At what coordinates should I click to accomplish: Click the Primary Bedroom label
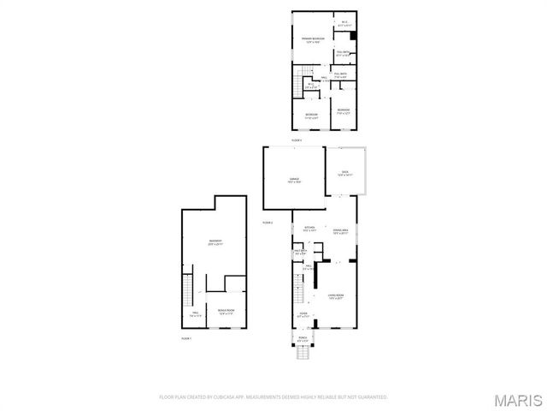click(311, 40)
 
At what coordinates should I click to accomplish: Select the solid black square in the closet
click(352, 36)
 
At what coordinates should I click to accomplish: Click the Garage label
click(293, 180)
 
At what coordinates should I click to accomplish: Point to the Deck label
click(344, 174)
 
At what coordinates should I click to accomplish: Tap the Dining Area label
click(340, 231)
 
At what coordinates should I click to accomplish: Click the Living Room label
click(334, 296)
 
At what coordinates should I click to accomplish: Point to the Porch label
click(303, 339)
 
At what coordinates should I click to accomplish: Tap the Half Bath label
click(301, 253)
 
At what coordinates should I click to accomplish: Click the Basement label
click(215, 242)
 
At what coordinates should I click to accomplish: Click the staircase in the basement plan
click(188, 291)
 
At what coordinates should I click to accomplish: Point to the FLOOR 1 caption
click(186, 339)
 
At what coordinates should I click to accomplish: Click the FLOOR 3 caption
click(297, 139)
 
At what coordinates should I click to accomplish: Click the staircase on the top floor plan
click(299, 85)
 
